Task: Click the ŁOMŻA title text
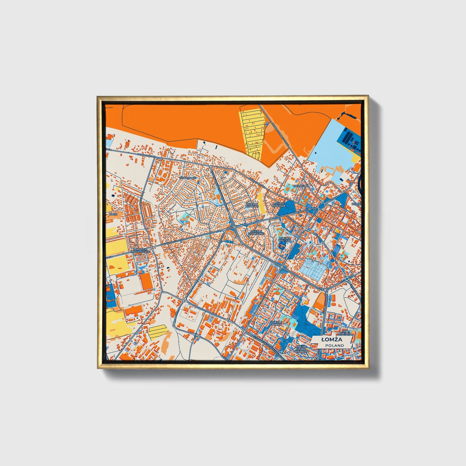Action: (x=332, y=340)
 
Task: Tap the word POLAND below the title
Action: (x=334, y=345)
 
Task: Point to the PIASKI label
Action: (x=113, y=214)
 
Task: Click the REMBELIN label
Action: (x=301, y=186)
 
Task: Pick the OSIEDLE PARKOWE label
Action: (x=279, y=205)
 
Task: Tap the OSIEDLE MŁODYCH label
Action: (x=252, y=205)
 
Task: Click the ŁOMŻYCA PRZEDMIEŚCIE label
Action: (x=140, y=251)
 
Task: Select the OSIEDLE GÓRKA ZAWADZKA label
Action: (x=301, y=348)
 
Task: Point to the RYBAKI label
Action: (x=356, y=204)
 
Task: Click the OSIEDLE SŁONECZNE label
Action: (x=257, y=232)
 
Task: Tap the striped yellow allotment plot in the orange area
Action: (x=252, y=132)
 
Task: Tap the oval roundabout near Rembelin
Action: (x=321, y=207)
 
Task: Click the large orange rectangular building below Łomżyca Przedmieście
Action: (x=147, y=281)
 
